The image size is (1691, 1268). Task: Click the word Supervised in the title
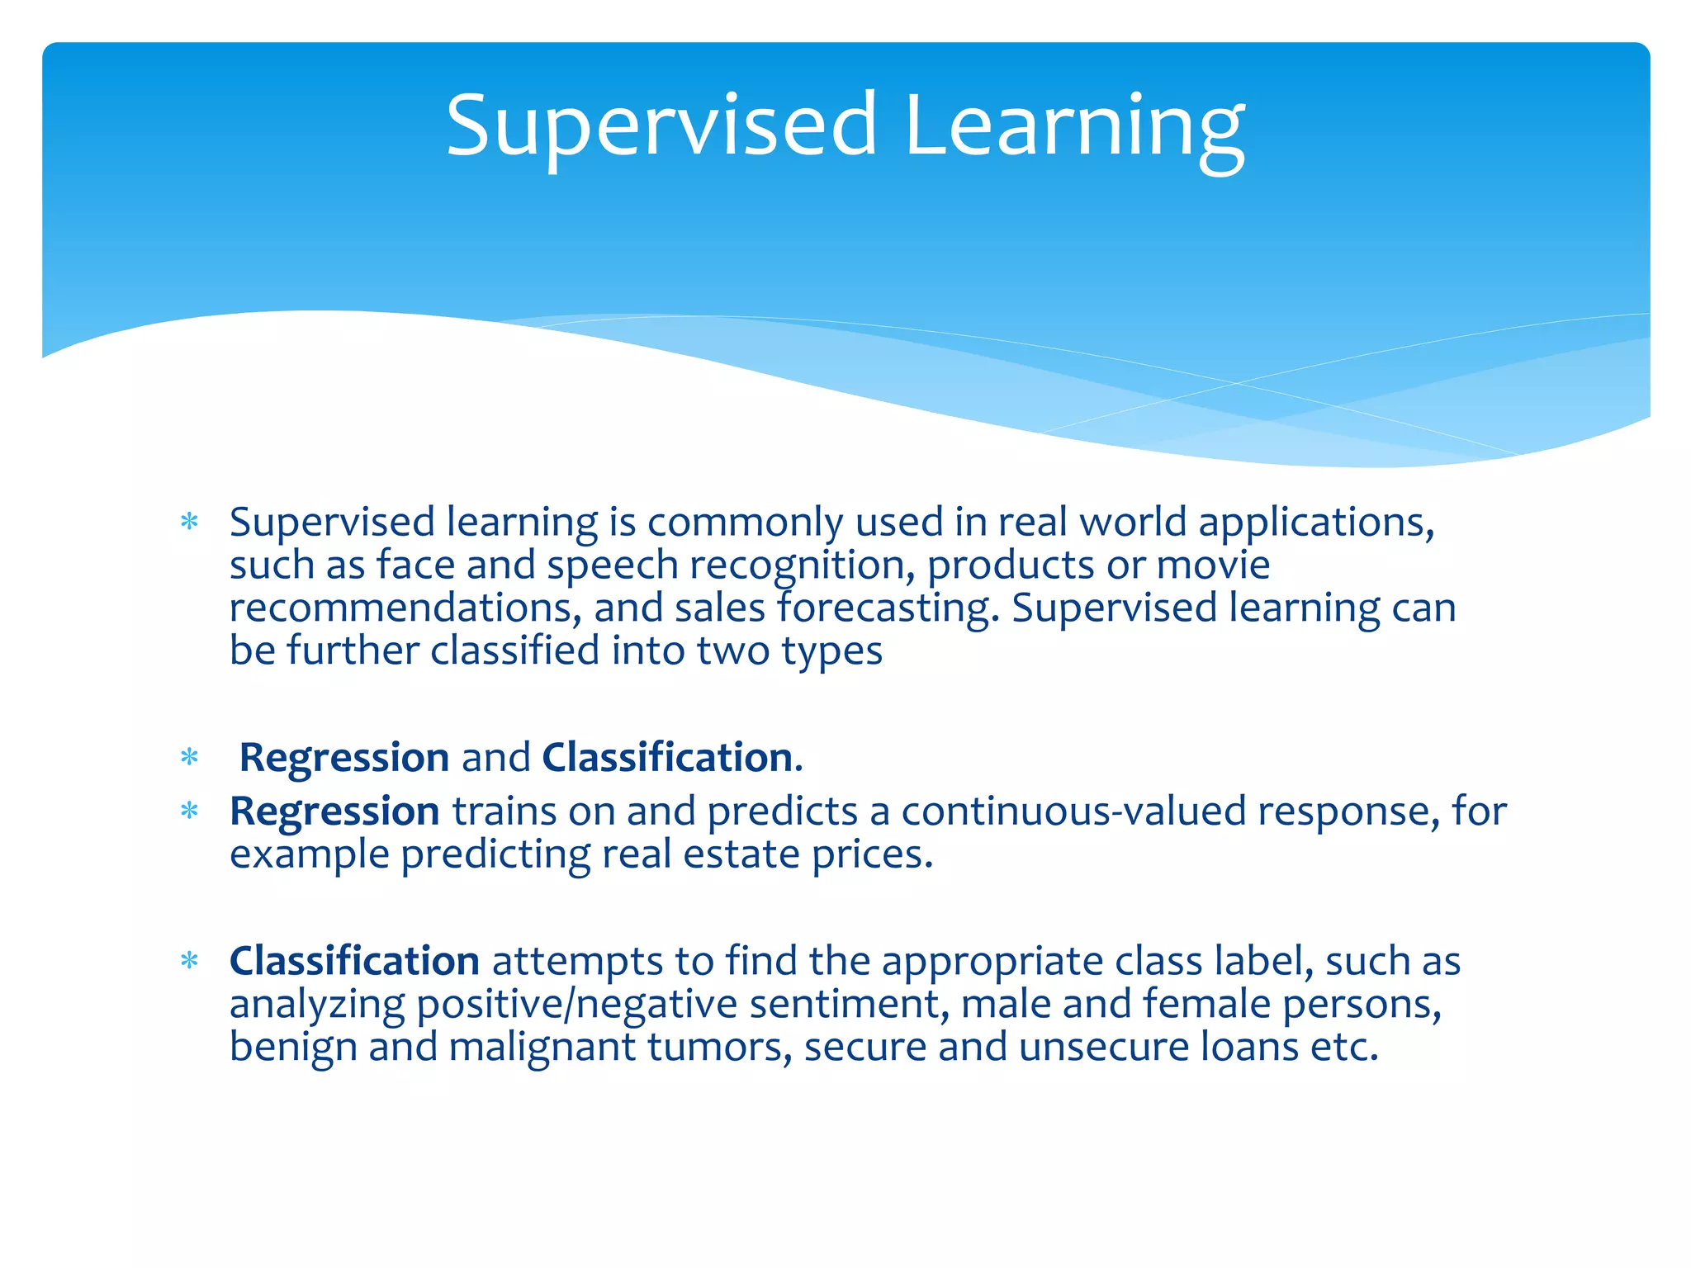pyautogui.click(x=661, y=125)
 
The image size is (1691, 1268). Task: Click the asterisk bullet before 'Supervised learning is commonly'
pyautogui.click(x=190, y=522)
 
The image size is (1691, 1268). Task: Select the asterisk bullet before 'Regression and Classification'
pyautogui.click(x=190, y=757)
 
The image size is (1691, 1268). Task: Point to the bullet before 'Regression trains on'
pyautogui.click(x=190, y=811)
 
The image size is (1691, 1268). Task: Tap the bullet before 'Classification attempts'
pyautogui.click(x=190, y=961)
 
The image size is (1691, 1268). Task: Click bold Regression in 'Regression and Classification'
pyautogui.click(x=343, y=757)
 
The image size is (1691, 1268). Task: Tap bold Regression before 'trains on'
pyautogui.click(x=334, y=811)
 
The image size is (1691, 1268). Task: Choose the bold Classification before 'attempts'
pyautogui.click(x=354, y=961)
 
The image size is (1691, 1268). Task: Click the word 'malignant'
pyautogui.click(x=542, y=1047)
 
